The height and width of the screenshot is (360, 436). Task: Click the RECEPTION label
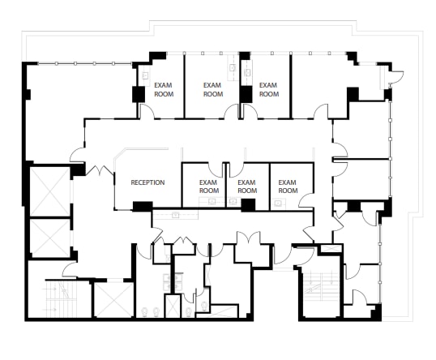(147, 182)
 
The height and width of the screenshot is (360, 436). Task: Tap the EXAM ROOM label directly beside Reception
(209, 186)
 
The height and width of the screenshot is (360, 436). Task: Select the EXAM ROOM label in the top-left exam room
(164, 89)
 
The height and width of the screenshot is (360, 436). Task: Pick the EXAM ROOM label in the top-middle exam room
(212, 89)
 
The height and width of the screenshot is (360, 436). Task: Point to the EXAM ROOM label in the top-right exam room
(268, 89)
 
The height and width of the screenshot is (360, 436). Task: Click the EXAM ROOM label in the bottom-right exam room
(288, 186)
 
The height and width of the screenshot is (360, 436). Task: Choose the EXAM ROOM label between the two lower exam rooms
(248, 186)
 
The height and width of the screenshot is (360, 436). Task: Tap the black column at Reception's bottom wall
(143, 206)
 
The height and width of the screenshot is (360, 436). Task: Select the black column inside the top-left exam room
(139, 94)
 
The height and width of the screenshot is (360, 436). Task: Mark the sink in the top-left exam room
(145, 75)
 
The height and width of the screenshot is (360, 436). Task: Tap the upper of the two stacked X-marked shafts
(49, 191)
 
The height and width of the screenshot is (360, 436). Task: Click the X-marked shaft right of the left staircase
(113, 299)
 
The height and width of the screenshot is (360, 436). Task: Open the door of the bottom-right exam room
(306, 199)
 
